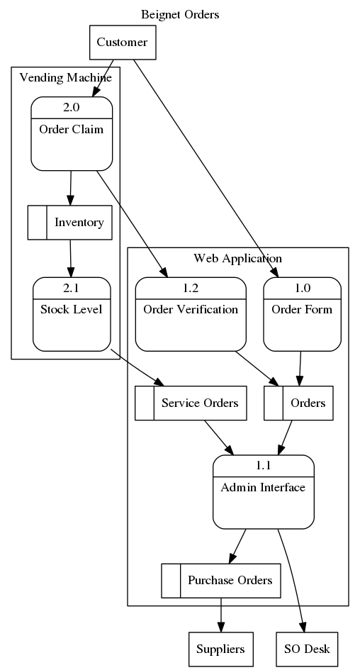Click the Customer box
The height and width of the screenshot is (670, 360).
pos(123,43)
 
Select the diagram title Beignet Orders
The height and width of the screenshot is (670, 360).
pos(180,14)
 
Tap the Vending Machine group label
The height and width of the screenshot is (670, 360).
pos(66,77)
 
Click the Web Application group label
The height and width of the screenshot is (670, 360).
pos(238,258)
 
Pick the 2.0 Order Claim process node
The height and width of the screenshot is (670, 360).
pos(72,134)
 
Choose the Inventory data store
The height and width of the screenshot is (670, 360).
pos(70,222)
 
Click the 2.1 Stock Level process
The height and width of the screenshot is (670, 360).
pos(72,314)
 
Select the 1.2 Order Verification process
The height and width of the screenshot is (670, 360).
pos(191,314)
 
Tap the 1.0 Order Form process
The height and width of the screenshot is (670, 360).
pos(303,314)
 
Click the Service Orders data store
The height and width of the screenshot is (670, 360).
pos(191,403)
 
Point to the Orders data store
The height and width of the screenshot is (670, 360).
pos(298,403)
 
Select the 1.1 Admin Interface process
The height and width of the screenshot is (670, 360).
pos(264,492)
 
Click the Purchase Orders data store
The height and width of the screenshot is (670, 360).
pos(221,581)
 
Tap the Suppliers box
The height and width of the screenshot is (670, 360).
pos(221,649)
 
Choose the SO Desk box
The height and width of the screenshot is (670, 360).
pos(307,649)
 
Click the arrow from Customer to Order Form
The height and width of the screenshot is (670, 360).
pos(206,168)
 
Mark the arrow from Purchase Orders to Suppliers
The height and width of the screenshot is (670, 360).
pos(221,615)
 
